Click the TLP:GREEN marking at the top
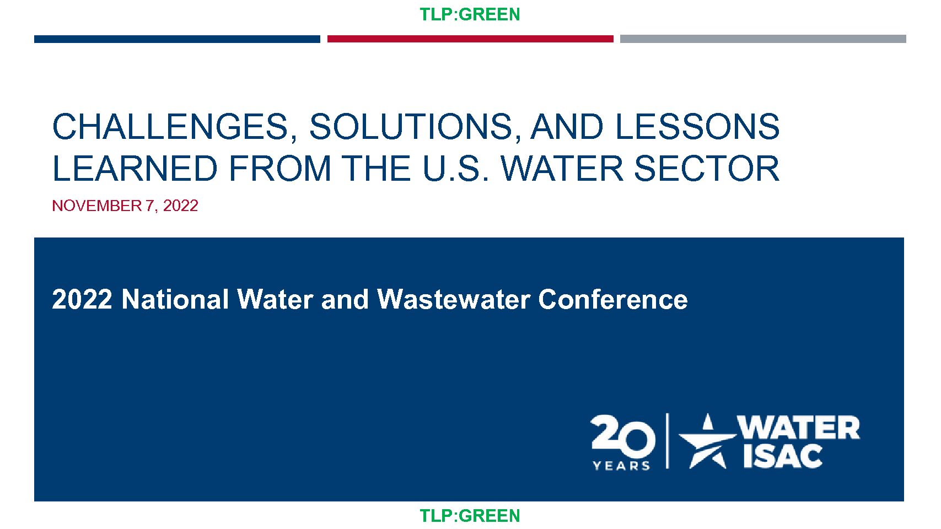[470, 15]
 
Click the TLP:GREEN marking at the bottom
[470, 516]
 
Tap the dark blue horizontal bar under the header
[177, 39]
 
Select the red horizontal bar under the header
[470, 39]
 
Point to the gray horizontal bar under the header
[763, 39]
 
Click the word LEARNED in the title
[135, 169]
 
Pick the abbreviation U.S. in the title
[456, 169]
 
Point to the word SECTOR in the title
[707, 169]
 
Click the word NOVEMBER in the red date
[97, 206]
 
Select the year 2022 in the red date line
[180, 206]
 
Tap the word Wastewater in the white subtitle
[453, 299]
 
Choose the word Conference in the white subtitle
[613, 299]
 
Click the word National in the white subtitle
[175, 299]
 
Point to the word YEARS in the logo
[621, 466]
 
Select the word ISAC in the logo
[783, 456]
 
